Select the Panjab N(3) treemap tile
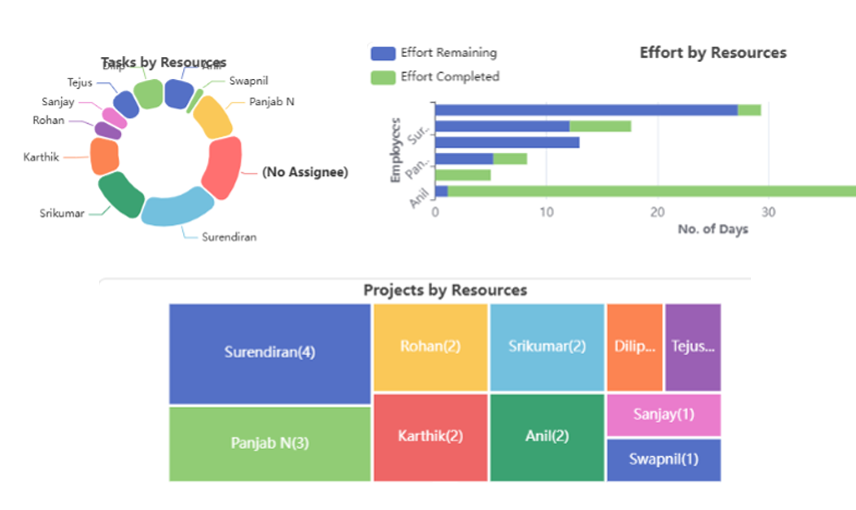coord(269,443)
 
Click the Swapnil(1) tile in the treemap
coord(663,460)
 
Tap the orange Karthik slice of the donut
coord(104,156)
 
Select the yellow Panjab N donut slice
coord(212,117)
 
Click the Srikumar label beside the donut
coord(62,213)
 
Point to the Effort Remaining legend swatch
coord(383,53)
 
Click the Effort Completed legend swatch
coord(383,77)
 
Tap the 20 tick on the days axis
coord(657,212)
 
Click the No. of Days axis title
coord(712,229)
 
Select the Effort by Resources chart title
coord(713,53)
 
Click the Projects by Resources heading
coord(445,290)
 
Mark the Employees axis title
coord(395,150)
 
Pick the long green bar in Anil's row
coord(650,191)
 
